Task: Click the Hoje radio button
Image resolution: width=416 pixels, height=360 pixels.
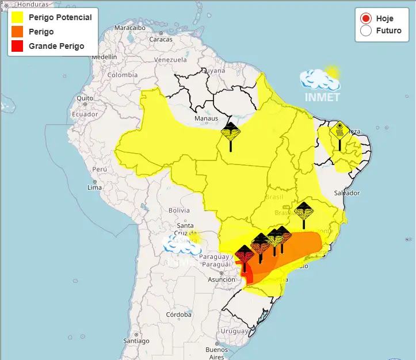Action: (365, 18)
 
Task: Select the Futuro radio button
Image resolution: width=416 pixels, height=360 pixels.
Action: (365, 30)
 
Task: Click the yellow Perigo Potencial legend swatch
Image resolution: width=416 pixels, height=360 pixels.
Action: (17, 17)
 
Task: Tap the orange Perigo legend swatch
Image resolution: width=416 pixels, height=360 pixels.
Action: (17, 32)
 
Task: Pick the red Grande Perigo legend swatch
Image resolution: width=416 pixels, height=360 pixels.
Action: (17, 46)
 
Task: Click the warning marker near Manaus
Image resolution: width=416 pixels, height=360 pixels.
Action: (231, 135)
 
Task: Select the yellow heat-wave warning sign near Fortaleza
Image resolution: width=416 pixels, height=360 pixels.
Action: (339, 132)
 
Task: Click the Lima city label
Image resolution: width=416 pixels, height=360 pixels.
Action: (94, 187)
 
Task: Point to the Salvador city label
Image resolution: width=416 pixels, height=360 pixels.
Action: (347, 193)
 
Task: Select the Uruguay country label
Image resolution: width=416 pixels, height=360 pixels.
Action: (234, 331)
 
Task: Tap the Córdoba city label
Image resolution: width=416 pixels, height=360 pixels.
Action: (178, 315)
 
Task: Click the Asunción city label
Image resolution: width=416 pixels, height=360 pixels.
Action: (222, 279)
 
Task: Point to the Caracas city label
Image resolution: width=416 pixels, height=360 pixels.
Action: (161, 39)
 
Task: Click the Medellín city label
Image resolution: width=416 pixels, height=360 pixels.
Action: (104, 58)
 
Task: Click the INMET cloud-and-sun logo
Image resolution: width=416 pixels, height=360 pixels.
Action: (320, 83)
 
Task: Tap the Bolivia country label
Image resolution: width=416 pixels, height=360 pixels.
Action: (178, 210)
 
